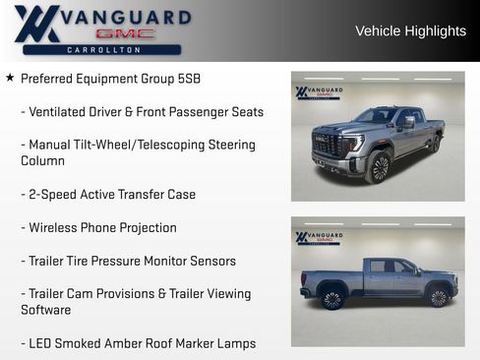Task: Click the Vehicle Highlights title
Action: point(410,30)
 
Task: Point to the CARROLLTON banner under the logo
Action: point(102,49)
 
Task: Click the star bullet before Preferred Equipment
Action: point(10,78)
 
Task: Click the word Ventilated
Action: point(60,112)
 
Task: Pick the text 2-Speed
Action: point(52,195)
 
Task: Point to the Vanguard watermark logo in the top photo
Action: point(319,92)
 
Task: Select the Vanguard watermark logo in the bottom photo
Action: point(319,237)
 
